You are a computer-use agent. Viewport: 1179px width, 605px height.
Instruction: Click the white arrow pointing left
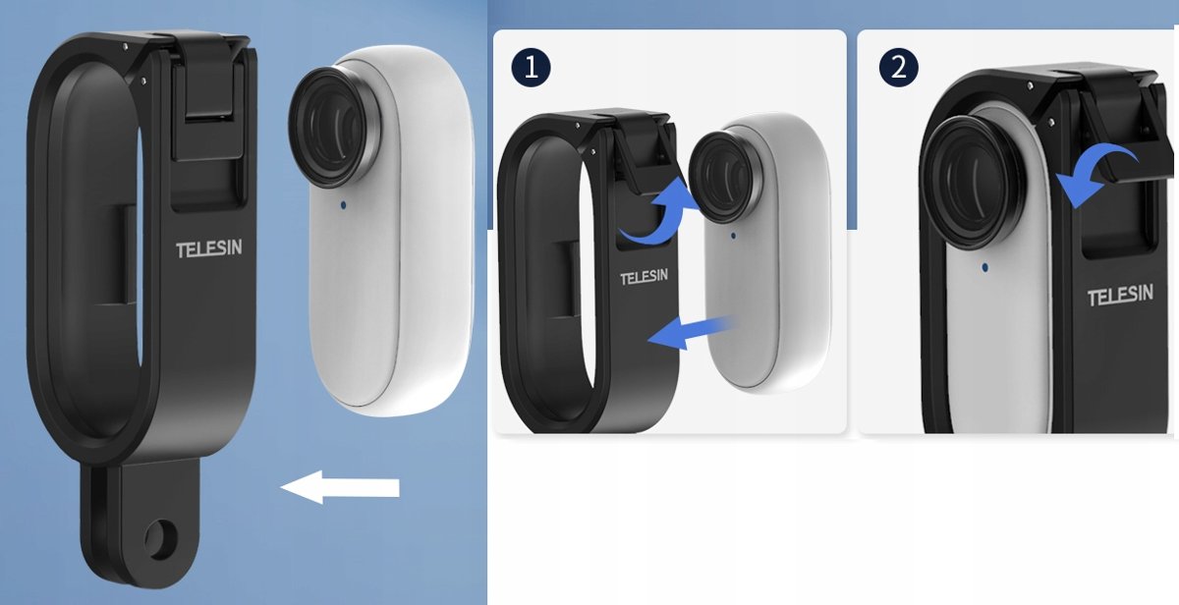(340, 487)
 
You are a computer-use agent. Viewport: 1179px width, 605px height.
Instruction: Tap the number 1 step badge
(531, 67)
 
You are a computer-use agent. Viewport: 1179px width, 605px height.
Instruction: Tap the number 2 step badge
(898, 67)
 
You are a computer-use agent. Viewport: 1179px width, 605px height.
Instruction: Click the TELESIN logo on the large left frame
(209, 248)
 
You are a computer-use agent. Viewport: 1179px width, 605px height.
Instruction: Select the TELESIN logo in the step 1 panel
(644, 277)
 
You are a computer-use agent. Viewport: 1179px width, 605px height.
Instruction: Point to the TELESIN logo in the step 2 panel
(1121, 295)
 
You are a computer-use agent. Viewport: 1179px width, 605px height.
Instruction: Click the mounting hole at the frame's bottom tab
(159, 541)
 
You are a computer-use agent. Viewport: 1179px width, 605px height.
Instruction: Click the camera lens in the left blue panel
(334, 127)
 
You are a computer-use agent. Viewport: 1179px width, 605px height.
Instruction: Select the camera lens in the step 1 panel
(726, 177)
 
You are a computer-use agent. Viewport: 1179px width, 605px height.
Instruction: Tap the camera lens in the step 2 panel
(975, 182)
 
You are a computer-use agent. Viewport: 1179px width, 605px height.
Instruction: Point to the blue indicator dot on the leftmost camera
(344, 204)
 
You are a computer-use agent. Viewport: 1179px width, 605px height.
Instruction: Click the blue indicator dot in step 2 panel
(984, 268)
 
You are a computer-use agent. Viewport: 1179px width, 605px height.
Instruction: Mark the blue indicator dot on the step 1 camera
(733, 235)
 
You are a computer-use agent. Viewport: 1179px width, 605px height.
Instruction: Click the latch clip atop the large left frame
(209, 100)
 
